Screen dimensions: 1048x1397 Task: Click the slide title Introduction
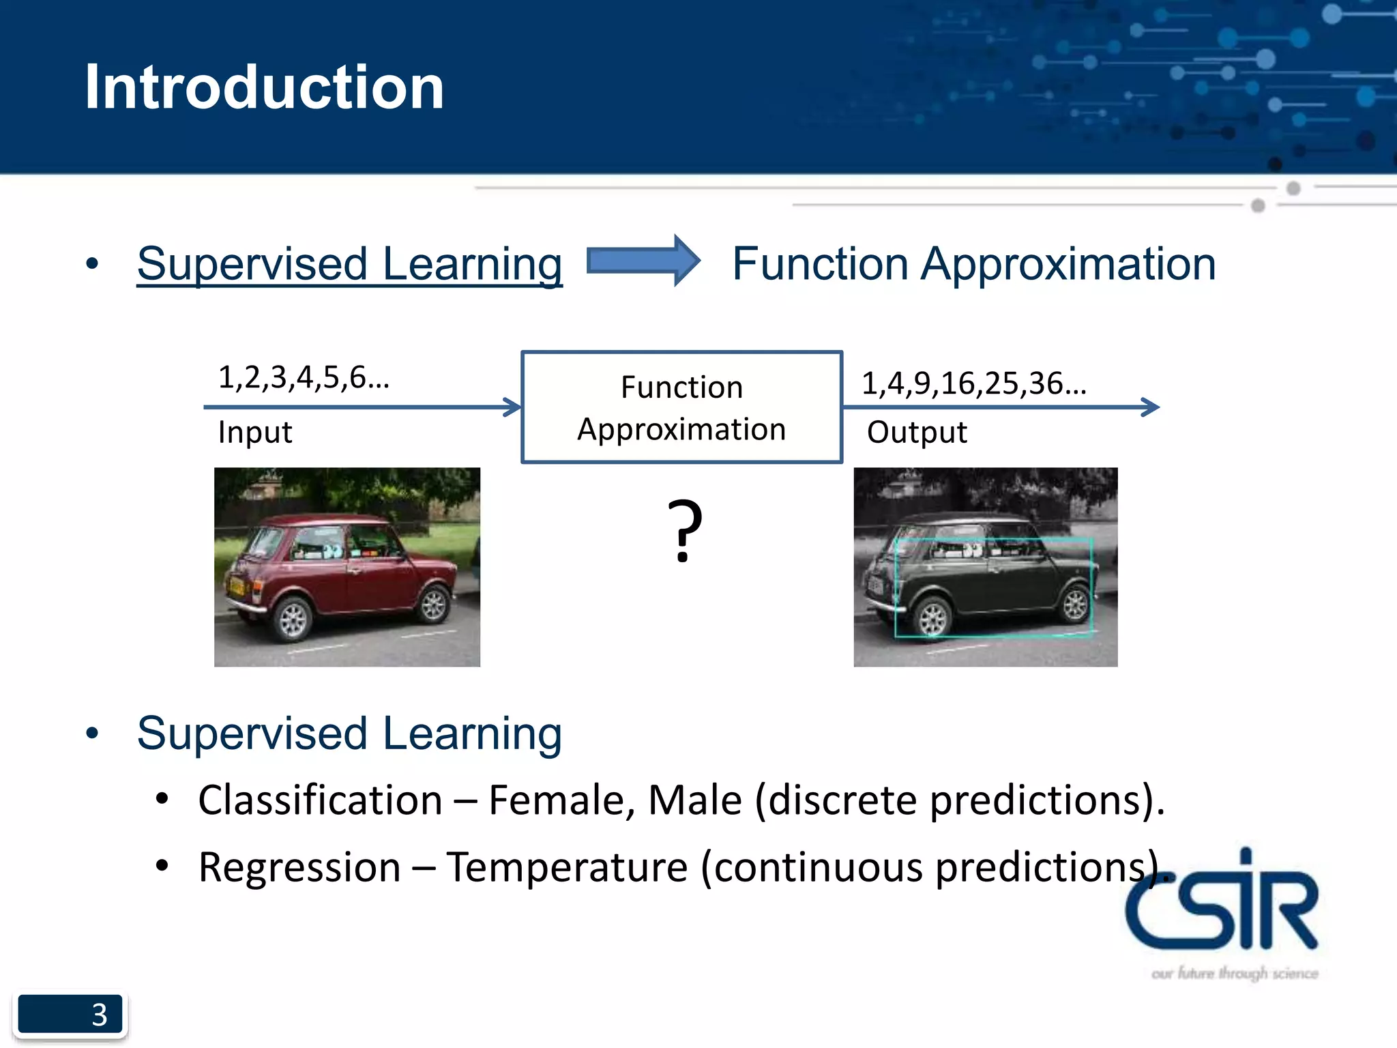click(x=264, y=87)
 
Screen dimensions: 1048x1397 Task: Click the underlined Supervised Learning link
click(x=349, y=264)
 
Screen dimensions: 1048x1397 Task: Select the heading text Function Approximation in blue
click(x=973, y=264)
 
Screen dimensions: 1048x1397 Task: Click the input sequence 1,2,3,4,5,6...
click(x=303, y=377)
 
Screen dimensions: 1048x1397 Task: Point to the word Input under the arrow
click(x=255, y=433)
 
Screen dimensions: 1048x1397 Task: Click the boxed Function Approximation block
click(x=681, y=407)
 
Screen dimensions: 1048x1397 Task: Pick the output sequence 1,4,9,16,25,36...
click(x=973, y=383)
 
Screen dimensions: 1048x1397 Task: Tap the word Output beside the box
click(x=916, y=433)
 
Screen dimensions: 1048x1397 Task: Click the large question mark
click(x=684, y=531)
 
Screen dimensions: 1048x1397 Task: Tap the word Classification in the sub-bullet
click(x=320, y=800)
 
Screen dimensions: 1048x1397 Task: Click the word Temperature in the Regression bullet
click(x=567, y=868)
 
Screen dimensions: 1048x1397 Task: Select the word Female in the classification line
click(x=557, y=800)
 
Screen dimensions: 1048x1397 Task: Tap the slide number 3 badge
click(x=70, y=1014)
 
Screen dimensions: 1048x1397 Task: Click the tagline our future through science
click(x=1234, y=973)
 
